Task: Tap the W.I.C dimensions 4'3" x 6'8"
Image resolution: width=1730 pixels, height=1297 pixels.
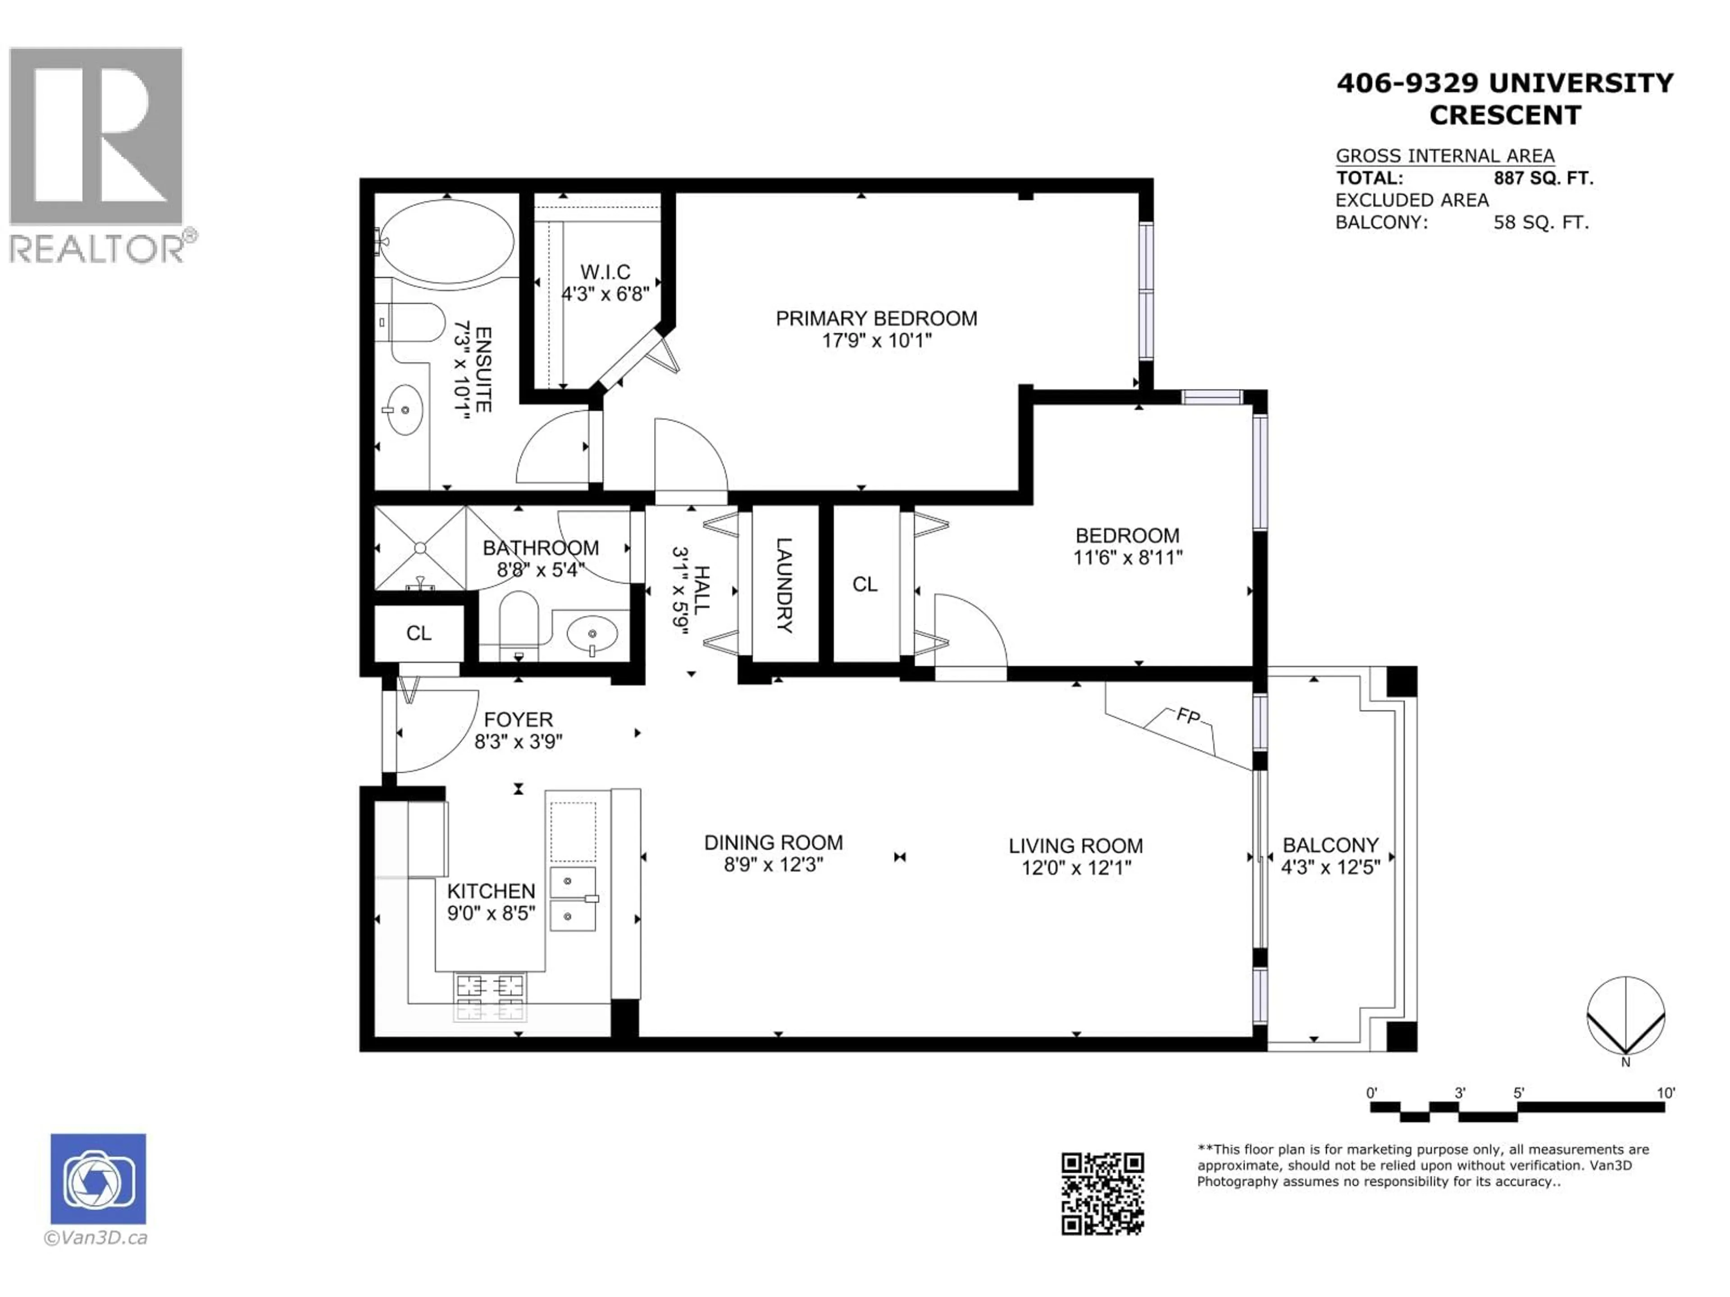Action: [x=605, y=294]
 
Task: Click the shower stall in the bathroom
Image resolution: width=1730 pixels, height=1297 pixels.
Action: [x=420, y=548]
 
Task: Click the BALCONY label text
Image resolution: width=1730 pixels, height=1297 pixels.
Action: [x=1330, y=845]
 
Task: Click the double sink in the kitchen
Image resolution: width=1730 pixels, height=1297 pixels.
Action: [x=573, y=898]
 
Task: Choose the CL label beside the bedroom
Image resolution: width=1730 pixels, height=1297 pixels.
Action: [x=865, y=584]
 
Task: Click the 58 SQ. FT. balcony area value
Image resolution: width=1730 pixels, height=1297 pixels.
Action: [x=1541, y=223]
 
